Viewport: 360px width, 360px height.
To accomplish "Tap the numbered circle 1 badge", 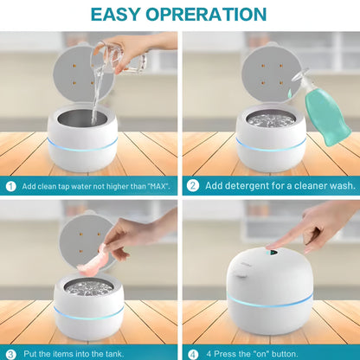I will tap(10, 185).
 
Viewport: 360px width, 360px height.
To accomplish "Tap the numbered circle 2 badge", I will tap(193, 185).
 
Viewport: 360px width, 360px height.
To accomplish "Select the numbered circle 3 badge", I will tap(10, 353).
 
